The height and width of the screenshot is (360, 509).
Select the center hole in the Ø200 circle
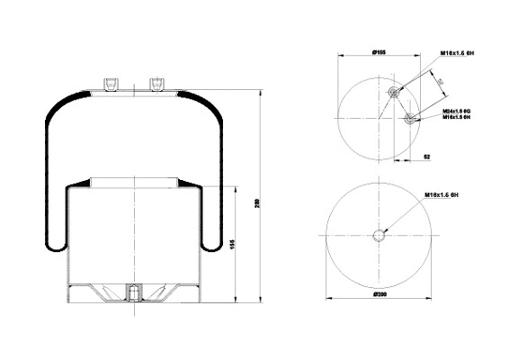click(379, 236)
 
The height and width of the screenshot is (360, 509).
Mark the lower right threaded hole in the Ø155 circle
click(411, 119)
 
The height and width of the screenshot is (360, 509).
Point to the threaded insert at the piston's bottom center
click(133, 293)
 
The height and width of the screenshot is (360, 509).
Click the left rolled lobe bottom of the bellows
click(53, 244)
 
